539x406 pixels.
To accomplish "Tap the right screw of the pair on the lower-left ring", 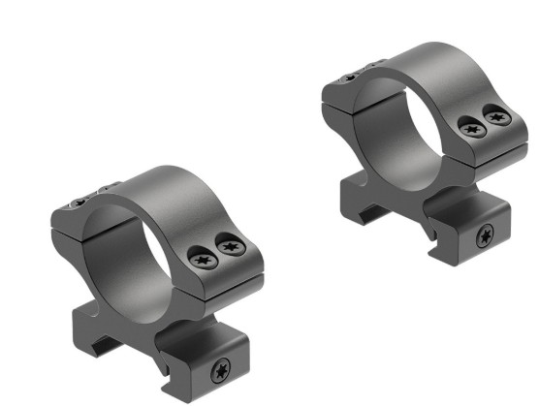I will point(229,247).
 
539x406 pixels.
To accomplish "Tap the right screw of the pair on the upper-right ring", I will point(497,118).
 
